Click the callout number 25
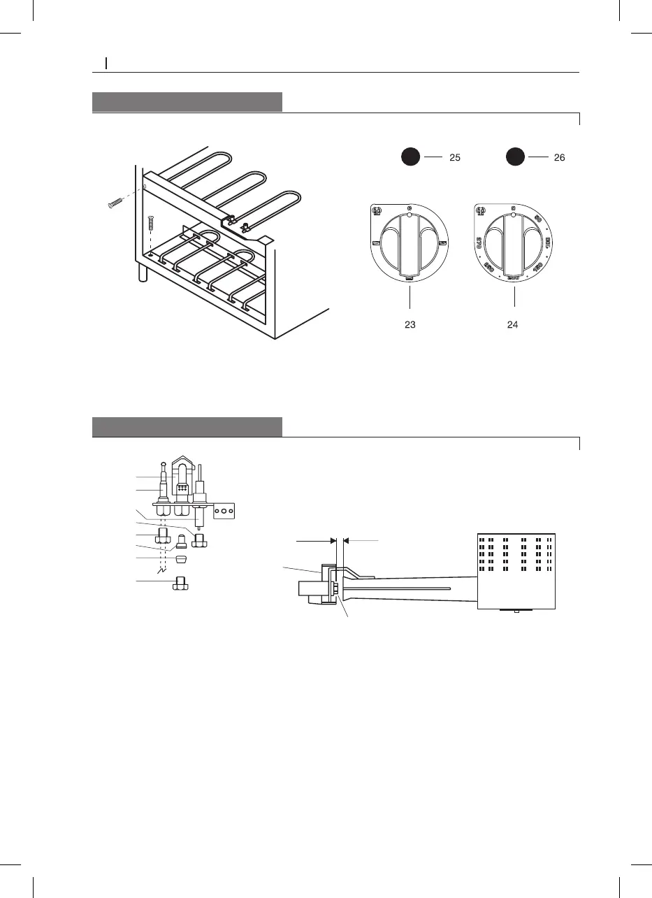[x=454, y=159]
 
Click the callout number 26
[x=559, y=159]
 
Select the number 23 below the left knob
[x=410, y=324]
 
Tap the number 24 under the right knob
[x=513, y=324]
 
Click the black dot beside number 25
[x=411, y=158]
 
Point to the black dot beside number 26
[x=516, y=158]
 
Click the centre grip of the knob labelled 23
[x=409, y=245]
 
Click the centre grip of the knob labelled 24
[x=514, y=245]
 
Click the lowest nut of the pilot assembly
[x=180, y=582]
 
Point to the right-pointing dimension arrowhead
[x=333, y=540]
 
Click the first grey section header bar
[x=187, y=102]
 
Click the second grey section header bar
[x=187, y=427]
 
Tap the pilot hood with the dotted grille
[x=182, y=482]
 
